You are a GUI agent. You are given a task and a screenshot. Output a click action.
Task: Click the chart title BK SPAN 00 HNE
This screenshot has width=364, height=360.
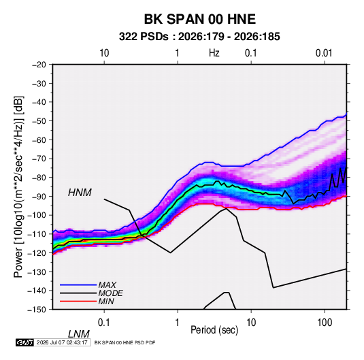click(200, 19)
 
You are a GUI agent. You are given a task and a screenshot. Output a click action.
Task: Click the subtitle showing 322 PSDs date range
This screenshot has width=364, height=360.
click(199, 37)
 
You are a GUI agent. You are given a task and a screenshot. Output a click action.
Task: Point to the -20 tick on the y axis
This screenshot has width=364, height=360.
click(39, 65)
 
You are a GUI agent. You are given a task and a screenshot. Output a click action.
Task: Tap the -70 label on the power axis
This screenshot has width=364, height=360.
click(39, 159)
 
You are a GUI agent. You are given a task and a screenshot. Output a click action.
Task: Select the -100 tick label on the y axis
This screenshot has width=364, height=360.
click(37, 215)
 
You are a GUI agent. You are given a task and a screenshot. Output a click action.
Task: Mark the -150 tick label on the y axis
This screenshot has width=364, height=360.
click(37, 310)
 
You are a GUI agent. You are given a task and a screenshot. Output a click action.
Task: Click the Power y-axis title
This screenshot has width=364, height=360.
click(18, 186)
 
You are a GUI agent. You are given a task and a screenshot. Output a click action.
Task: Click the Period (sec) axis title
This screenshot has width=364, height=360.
click(214, 330)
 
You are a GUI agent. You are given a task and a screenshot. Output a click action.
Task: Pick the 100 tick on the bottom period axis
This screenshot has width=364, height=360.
click(325, 323)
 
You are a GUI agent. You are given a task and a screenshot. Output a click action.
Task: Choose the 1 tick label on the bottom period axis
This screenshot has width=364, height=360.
click(178, 323)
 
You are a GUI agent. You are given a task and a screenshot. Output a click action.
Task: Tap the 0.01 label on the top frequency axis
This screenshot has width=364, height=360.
click(324, 53)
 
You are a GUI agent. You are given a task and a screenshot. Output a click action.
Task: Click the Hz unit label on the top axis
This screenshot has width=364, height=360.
click(214, 53)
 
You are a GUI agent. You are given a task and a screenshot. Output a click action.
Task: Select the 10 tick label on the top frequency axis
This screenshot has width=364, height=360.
click(104, 53)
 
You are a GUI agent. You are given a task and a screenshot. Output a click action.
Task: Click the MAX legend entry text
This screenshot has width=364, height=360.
click(107, 285)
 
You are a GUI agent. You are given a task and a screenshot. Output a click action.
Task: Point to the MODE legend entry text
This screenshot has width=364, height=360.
click(110, 293)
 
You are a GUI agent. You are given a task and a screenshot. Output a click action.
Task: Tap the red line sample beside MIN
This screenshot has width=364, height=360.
click(78, 301)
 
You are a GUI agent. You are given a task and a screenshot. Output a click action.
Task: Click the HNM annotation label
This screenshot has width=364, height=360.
click(80, 193)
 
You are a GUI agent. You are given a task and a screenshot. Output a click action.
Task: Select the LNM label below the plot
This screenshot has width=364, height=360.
click(78, 334)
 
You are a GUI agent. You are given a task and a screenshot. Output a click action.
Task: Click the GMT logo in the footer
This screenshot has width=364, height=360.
click(24, 342)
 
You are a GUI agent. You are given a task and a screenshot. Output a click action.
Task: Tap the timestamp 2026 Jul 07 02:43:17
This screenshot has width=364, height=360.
click(62, 342)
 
